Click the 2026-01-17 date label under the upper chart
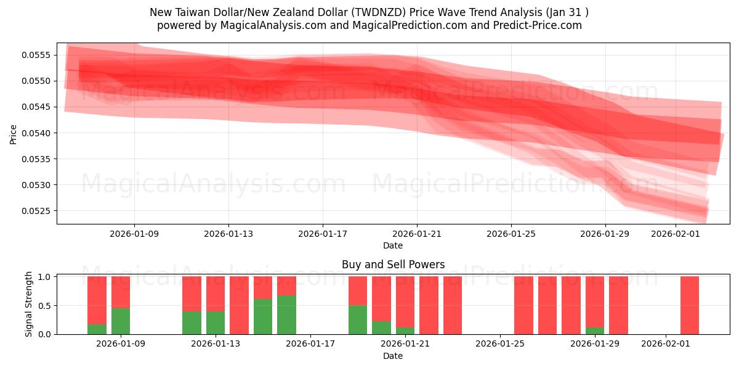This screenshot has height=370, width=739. pyautogui.click(x=323, y=234)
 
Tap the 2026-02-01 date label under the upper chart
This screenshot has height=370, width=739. pyautogui.click(x=676, y=234)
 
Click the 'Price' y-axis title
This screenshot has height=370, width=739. pyautogui.click(x=14, y=134)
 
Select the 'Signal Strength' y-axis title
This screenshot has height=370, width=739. pyautogui.click(x=28, y=305)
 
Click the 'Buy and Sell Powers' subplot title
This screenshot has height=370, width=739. pyautogui.click(x=393, y=265)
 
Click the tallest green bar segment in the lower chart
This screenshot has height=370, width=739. pyautogui.click(x=286, y=315)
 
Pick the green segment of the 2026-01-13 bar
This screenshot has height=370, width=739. pyautogui.click(x=216, y=323)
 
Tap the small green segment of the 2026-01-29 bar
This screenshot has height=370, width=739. pyautogui.click(x=595, y=331)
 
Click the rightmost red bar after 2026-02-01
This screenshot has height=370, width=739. pyautogui.click(x=690, y=305)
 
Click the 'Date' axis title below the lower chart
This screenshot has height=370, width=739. pyautogui.click(x=393, y=356)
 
